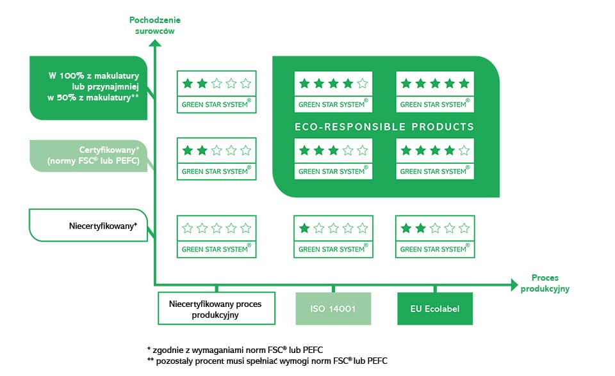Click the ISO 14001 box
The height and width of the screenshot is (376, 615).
click(x=333, y=309)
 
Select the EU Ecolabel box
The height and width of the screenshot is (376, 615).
click(x=434, y=309)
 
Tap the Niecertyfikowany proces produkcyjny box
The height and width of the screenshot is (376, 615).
click(x=217, y=308)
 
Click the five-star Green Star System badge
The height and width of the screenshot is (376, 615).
click(x=435, y=92)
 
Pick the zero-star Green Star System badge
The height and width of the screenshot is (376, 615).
click(x=217, y=237)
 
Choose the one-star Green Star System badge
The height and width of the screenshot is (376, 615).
click(x=333, y=237)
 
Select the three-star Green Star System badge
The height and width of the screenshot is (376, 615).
click(x=333, y=159)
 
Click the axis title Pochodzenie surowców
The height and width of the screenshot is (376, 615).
click(x=155, y=26)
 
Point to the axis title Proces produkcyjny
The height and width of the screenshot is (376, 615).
click(x=545, y=283)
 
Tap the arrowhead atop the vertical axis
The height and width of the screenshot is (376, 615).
click(x=155, y=43)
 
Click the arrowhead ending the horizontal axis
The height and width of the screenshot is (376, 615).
click(x=514, y=285)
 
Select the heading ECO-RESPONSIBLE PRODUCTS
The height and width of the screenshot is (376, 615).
click(x=384, y=127)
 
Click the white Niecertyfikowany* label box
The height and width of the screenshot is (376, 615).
click(x=88, y=225)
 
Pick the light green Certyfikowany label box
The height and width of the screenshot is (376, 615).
click(x=88, y=155)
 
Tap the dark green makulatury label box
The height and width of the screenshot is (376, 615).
click(x=88, y=88)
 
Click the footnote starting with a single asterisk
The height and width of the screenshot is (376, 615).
click(x=235, y=350)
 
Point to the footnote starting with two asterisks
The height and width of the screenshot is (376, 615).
click(x=267, y=361)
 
